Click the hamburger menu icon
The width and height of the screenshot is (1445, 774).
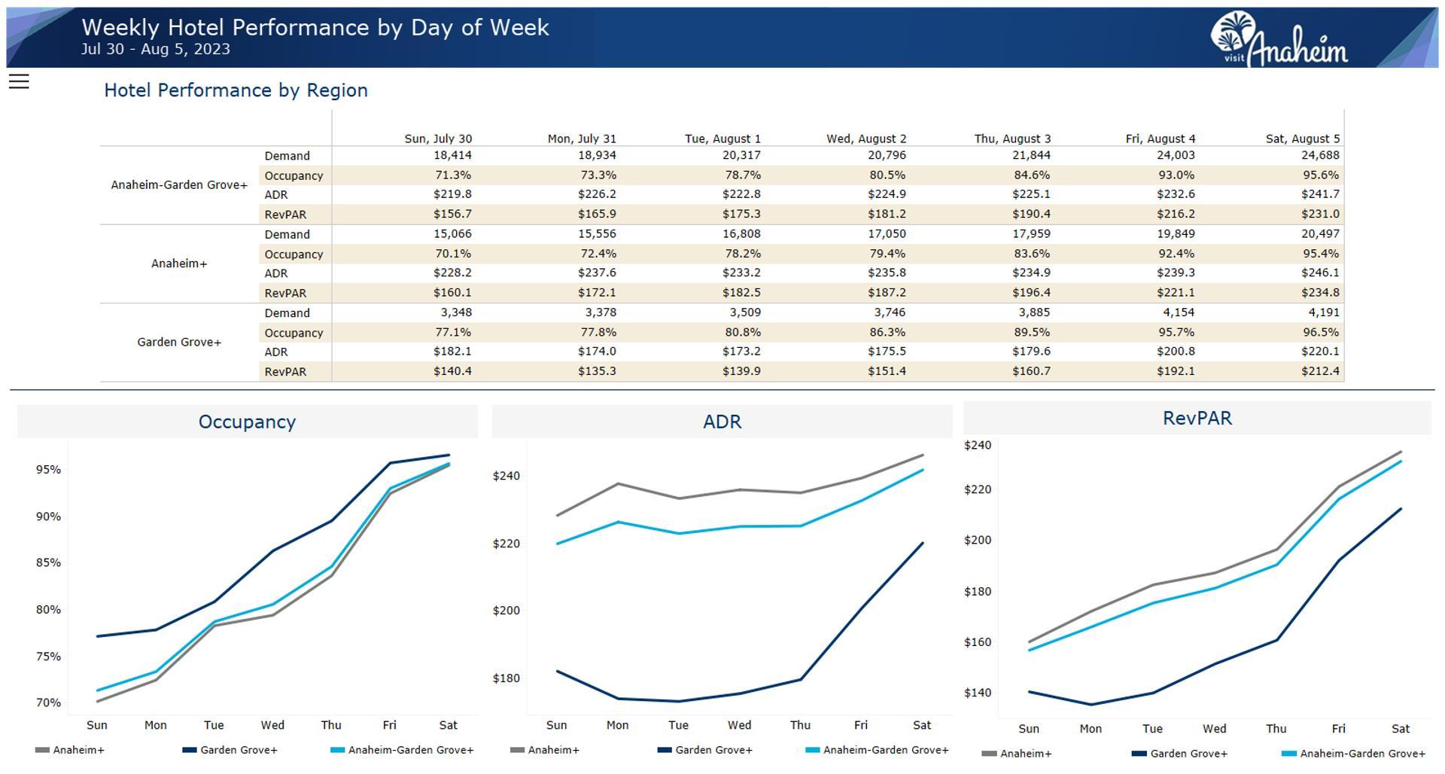19,81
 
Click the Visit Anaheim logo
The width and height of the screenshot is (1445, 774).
1279,39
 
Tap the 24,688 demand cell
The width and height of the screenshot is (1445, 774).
1320,155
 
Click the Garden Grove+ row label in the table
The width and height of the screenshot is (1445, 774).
179,342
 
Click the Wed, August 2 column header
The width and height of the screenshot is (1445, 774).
866,139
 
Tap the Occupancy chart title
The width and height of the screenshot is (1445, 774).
247,422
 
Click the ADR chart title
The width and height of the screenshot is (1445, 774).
722,422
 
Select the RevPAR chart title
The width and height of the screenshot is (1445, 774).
1197,418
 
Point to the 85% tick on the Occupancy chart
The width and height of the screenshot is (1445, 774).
48,562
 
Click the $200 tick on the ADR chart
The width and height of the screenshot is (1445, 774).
506,610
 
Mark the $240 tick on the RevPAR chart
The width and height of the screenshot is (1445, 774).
978,445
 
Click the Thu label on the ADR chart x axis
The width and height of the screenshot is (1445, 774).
800,725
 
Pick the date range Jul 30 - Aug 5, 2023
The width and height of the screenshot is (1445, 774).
156,49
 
